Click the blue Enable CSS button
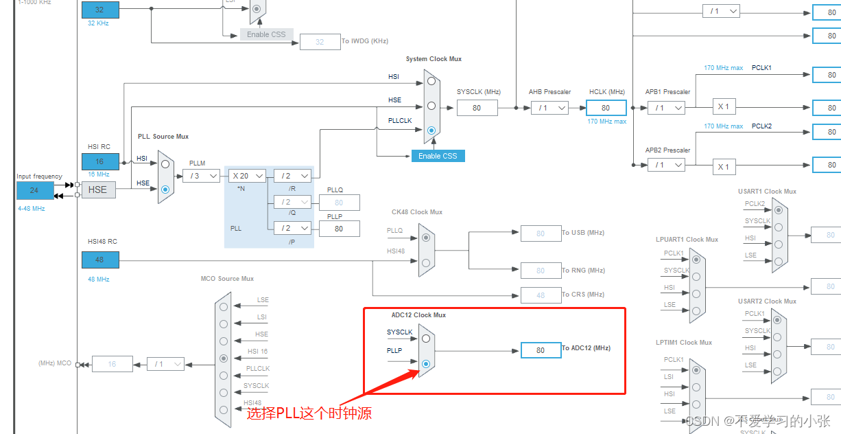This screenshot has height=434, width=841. click(x=438, y=156)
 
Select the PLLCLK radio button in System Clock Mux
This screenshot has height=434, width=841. click(x=431, y=130)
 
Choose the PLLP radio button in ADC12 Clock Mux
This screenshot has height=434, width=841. click(x=426, y=363)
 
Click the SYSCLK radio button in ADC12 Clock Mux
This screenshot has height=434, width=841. click(x=426, y=339)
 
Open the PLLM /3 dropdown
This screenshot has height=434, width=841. click(x=201, y=176)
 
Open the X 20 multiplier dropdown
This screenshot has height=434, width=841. click(x=246, y=176)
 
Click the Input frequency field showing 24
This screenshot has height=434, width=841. click(x=35, y=190)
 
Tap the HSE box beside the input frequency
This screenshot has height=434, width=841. click(x=97, y=190)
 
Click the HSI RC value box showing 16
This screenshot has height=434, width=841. click(x=100, y=161)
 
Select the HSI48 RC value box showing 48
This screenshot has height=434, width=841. click(x=100, y=260)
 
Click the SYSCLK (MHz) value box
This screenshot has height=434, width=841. click(x=477, y=108)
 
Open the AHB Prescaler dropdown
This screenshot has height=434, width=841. click(x=549, y=108)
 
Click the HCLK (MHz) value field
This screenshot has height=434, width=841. click(x=606, y=108)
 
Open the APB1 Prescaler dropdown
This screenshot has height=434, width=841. click(x=666, y=108)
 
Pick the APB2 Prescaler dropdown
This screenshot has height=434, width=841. click(x=666, y=165)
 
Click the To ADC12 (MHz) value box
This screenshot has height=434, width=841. click(x=541, y=350)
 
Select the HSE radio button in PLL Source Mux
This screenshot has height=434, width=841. click(x=165, y=189)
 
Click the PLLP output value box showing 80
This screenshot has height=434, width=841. click(x=339, y=229)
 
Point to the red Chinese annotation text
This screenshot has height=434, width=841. click(x=309, y=413)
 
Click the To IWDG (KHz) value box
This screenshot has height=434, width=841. click(x=320, y=42)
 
